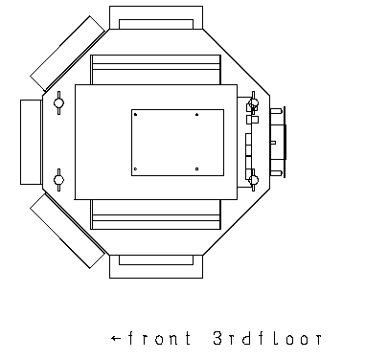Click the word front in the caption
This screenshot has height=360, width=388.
point(160,338)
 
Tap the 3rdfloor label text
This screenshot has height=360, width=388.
point(267,338)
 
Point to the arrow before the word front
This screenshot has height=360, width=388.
point(116,338)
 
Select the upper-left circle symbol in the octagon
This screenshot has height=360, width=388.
point(58,102)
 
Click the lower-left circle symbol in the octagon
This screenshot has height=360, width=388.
point(58,180)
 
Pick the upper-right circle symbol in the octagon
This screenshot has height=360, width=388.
point(253,102)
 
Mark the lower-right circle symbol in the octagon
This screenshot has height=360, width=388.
point(253,180)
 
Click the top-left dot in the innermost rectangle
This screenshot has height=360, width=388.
point(135,114)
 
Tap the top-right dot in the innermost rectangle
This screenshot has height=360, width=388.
point(196,114)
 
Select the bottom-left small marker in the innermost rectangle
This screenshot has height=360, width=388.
point(135,169)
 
